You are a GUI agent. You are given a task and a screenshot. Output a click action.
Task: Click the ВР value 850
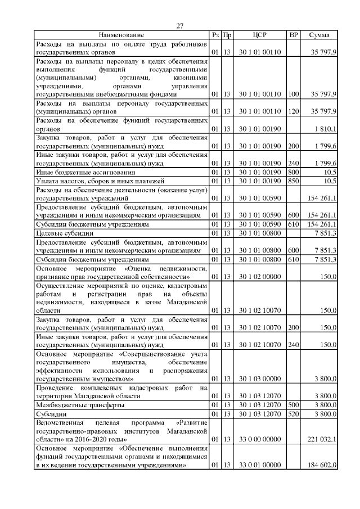click(293, 181)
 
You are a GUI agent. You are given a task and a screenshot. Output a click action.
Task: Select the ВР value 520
click(293, 414)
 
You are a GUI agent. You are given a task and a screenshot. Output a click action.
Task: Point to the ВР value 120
click(293, 112)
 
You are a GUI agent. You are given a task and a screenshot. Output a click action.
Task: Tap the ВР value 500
click(293, 405)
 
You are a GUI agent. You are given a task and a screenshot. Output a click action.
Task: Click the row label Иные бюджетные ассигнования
click(78, 172)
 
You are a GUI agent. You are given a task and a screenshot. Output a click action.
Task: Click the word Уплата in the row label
click(47, 181)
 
